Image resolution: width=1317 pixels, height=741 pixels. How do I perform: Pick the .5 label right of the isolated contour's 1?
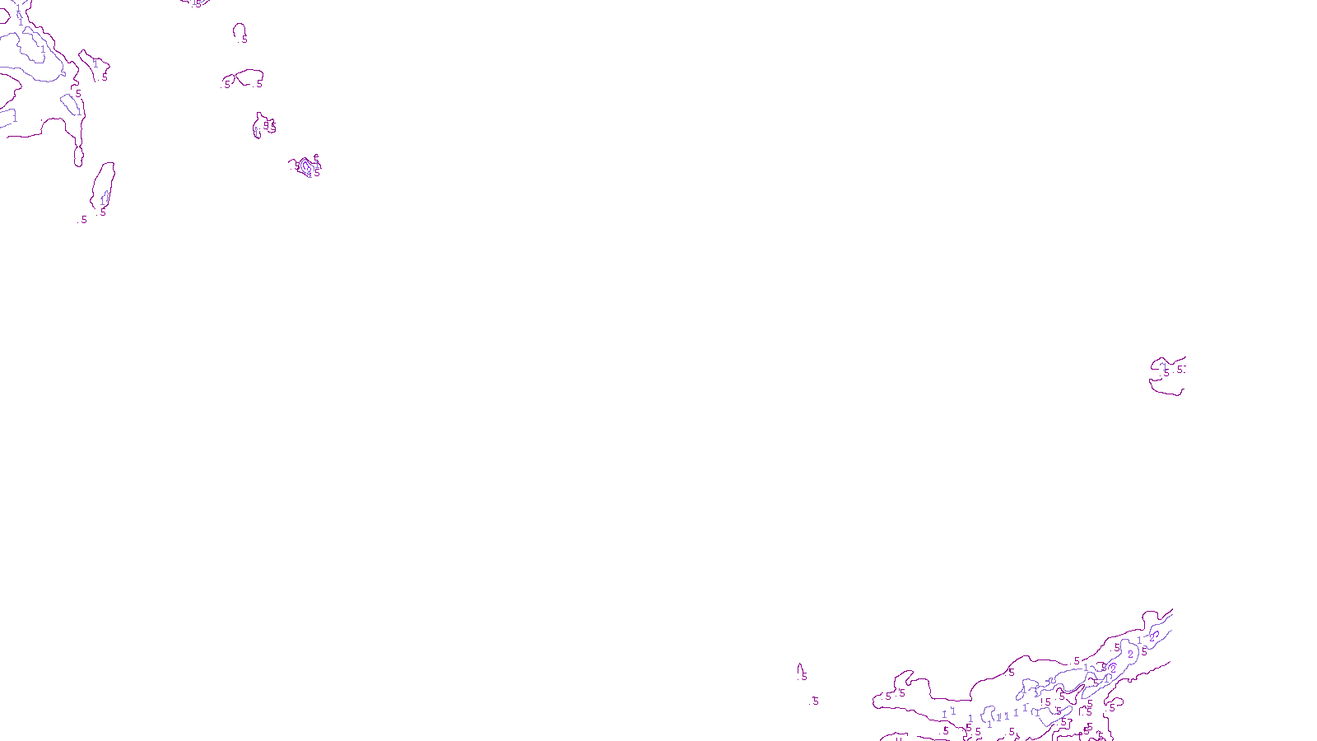1180,370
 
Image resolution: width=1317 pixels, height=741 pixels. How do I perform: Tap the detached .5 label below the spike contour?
813,701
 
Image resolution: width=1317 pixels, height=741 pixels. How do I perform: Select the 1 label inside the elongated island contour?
103,200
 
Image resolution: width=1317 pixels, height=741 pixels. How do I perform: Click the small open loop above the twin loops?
239,30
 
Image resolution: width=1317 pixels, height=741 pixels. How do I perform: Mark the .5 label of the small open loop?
244,40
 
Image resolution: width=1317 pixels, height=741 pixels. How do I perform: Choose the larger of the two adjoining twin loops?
249,77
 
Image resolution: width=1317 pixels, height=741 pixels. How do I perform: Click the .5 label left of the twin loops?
226,84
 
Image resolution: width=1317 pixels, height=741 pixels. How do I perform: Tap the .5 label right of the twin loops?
258,83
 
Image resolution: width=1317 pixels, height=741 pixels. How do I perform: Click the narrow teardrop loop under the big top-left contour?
78,155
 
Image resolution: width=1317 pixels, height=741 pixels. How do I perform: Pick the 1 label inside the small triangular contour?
95,63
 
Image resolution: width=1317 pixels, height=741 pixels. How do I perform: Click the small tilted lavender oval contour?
70,105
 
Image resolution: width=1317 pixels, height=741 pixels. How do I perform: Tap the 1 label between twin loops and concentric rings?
256,132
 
